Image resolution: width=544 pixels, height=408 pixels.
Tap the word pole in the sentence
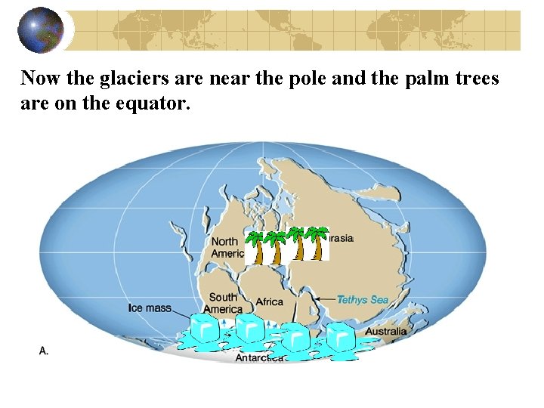pyautogui.click(x=313, y=78)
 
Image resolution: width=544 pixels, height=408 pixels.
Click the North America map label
pyautogui.click(x=227, y=248)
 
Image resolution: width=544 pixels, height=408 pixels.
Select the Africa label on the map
pyautogui.click(x=269, y=301)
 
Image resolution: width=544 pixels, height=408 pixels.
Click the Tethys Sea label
pyautogui.click(x=362, y=299)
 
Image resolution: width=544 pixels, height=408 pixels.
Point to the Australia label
pyautogui.click(x=385, y=331)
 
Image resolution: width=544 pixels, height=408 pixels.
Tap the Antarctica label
pyautogui.click(x=258, y=357)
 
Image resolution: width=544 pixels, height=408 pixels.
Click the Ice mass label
pyautogui.click(x=150, y=308)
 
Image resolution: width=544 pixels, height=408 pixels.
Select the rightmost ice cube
pyautogui.click(x=340, y=336)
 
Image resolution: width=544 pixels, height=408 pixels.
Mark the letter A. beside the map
pyautogui.click(x=44, y=351)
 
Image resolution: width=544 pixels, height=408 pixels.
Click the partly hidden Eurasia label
pyautogui.click(x=341, y=238)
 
